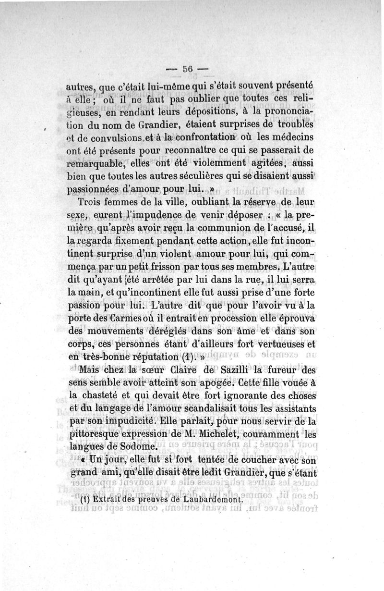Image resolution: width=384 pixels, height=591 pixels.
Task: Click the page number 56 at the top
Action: (x=187, y=69)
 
